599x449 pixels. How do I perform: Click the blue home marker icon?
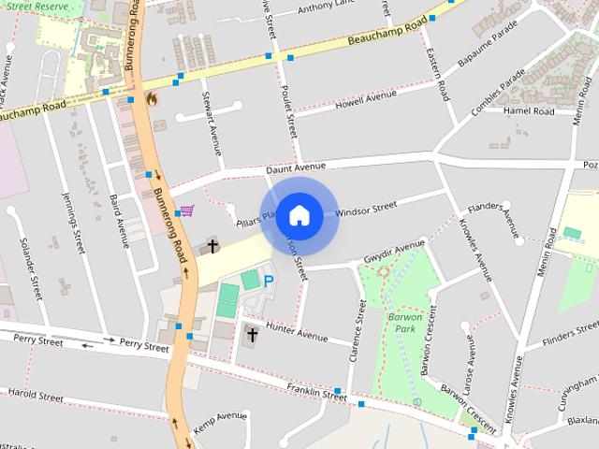click(x=299, y=215)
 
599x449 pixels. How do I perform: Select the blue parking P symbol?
click(x=269, y=280)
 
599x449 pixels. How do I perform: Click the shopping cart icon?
click(x=187, y=210)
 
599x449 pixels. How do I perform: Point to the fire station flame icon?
click(x=152, y=97)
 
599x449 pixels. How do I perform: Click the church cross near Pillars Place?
click(x=212, y=247)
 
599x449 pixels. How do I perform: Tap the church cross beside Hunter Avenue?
click(x=251, y=334)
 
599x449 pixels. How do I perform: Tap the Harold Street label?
click(x=35, y=397)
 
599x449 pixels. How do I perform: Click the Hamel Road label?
click(x=529, y=111)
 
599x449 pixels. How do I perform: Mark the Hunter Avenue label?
click(x=297, y=330)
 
